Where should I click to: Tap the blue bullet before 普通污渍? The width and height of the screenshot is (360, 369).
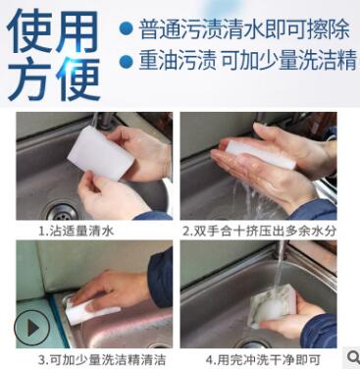pos(125,29)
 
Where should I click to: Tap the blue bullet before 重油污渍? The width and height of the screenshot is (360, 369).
pos(125,62)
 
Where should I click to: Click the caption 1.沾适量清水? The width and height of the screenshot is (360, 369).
pos(77,232)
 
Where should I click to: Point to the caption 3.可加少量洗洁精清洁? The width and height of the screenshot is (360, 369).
pos(94,359)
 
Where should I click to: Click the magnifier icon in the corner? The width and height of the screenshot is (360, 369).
pos(351,356)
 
